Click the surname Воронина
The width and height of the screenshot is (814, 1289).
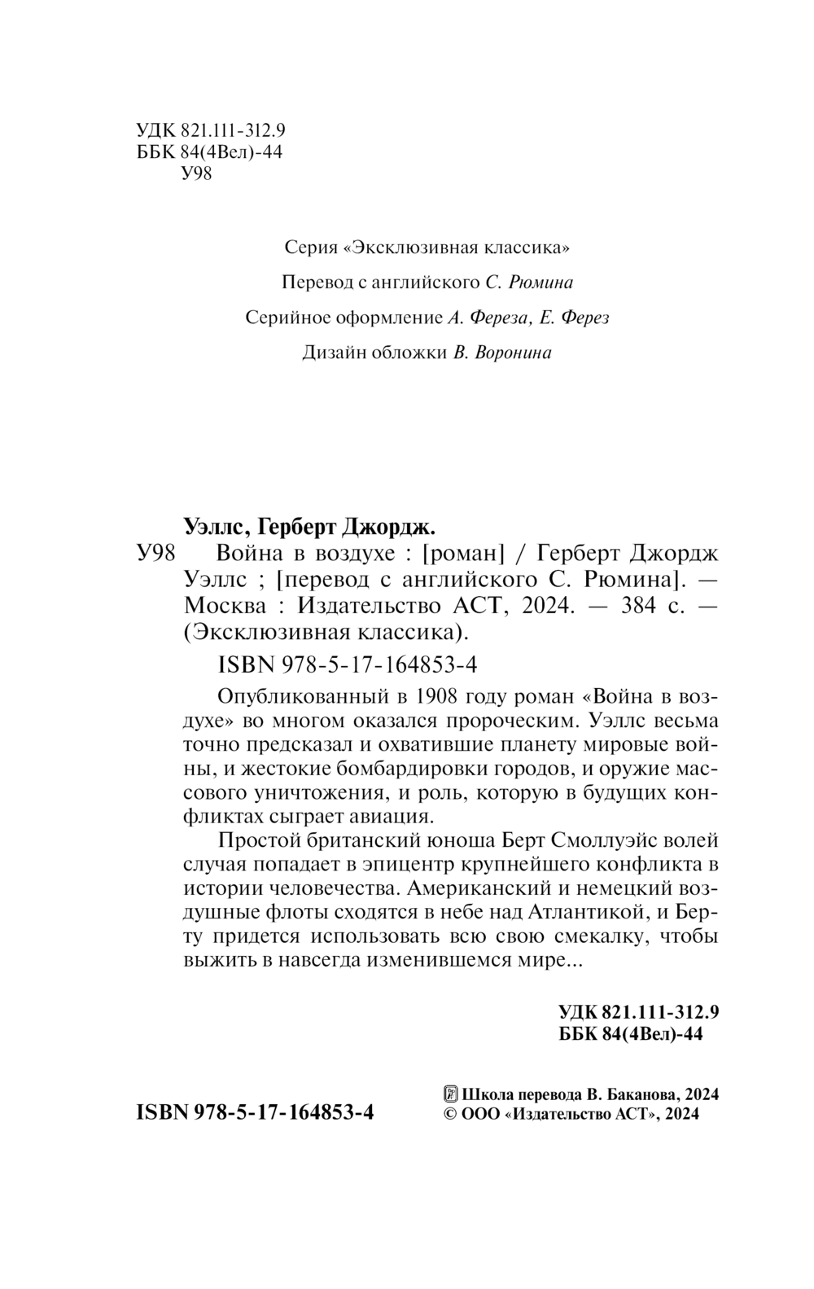(512, 353)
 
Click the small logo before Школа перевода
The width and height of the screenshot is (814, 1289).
(449, 1094)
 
